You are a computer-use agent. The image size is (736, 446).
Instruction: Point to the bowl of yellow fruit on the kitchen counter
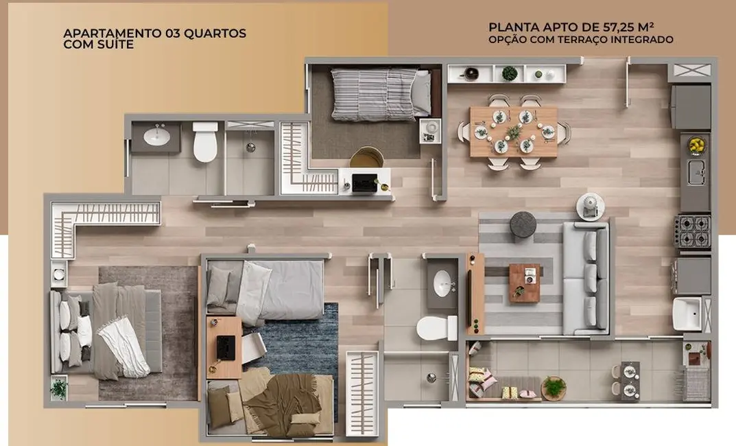click(x=696, y=145)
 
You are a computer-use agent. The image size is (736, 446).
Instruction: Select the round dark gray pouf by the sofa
click(x=523, y=224)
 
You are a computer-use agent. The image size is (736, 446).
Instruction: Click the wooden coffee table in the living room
click(x=525, y=282)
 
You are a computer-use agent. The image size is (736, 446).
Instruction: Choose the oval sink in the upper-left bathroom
click(x=157, y=136)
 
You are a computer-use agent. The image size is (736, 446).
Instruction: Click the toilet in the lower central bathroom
click(x=437, y=327)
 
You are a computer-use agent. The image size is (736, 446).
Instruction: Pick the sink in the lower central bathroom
click(x=443, y=281)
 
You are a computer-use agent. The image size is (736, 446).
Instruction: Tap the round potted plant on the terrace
click(x=554, y=387)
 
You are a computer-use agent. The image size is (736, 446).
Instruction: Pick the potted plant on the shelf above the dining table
click(x=510, y=73)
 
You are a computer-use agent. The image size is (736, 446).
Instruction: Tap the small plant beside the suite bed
click(x=60, y=389)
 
